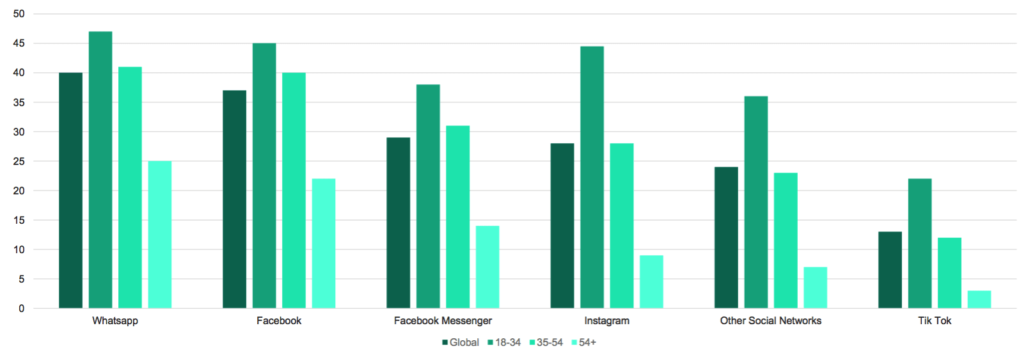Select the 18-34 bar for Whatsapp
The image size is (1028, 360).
click(x=100, y=170)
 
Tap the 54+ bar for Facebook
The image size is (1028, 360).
click(x=324, y=244)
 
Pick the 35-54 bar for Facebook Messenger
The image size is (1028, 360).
click(x=457, y=217)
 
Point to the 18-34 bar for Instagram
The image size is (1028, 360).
click(x=592, y=177)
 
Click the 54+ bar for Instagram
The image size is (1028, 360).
click(x=651, y=282)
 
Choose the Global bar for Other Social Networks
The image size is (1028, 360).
click(x=726, y=238)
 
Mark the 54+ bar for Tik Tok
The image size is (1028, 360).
click(x=979, y=299)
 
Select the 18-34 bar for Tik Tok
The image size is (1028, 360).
click(x=920, y=244)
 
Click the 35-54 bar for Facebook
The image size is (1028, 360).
click(x=294, y=191)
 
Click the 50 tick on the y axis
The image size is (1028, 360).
click(x=19, y=14)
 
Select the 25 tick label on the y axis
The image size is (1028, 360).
click(x=19, y=161)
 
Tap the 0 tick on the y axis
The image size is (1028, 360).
click(x=22, y=309)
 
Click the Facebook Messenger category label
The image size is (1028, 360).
click(x=443, y=321)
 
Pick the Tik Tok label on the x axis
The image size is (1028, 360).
click(x=935, y=321)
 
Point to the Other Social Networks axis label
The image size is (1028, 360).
click(x=770, y=321)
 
